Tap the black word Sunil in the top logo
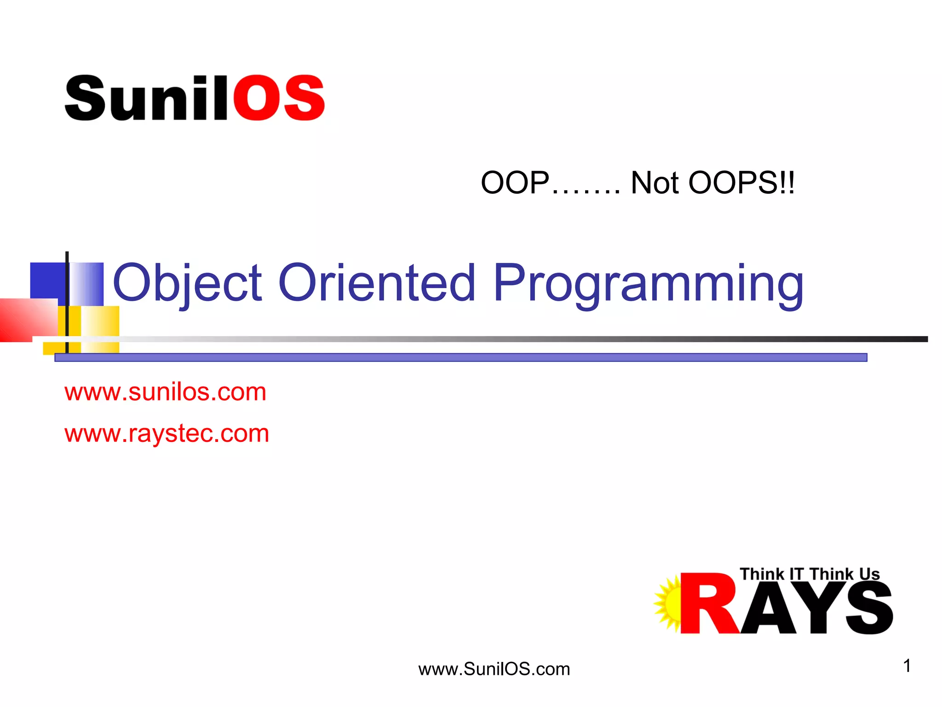(146, 98)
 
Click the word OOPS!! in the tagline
(741, 183)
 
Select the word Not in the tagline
(655, 183)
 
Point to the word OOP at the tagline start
(515, 183)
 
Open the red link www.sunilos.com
(166, 392)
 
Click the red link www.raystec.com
(167, 434)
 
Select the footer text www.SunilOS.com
(494, 669)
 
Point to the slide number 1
(907, 666)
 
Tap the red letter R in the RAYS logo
(706, 604)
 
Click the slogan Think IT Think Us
(810, 574)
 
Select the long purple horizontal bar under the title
(460, 358)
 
